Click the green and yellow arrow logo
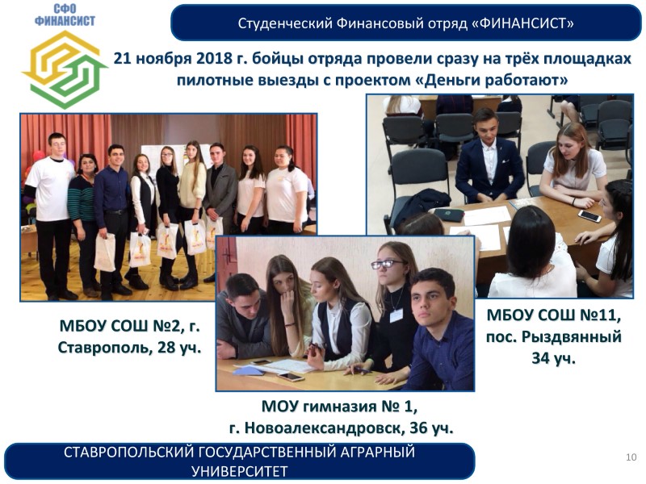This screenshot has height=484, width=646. [65, 69]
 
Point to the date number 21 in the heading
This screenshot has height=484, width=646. [122, 58]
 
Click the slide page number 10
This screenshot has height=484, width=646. [631, 457]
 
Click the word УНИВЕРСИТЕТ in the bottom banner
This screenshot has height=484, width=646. [240, 471]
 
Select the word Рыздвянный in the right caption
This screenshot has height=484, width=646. [571, 337]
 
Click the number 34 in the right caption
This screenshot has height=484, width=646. [540, 358]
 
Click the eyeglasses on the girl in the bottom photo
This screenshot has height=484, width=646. [387, 265]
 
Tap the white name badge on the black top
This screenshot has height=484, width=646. [396, 315]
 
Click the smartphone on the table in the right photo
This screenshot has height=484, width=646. [589, 215]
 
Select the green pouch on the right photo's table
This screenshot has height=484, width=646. [449, 215]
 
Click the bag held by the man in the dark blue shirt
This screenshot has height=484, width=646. [105, 252]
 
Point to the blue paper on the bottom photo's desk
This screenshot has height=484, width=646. [248, 371]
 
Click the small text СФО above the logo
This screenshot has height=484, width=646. [65, 9]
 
